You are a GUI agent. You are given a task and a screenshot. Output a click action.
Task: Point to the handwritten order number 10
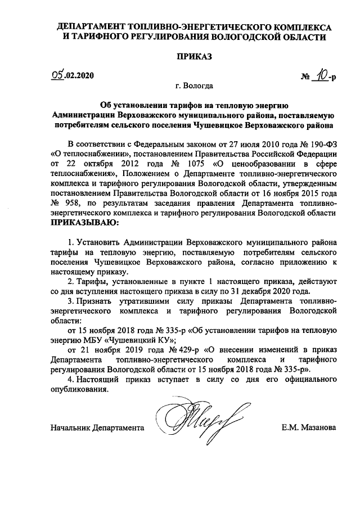pyautogui.click(x=321, y=74)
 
